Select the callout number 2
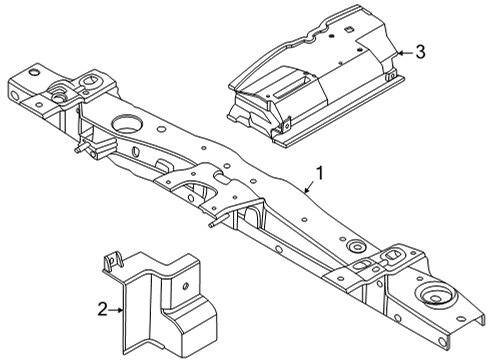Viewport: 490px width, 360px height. point(104,311)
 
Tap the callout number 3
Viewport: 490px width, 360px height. point(421,51)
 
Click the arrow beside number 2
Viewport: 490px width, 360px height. point(121,311)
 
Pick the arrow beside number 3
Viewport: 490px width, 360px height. point(401,51)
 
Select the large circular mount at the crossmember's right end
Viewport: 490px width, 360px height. point(436,297)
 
